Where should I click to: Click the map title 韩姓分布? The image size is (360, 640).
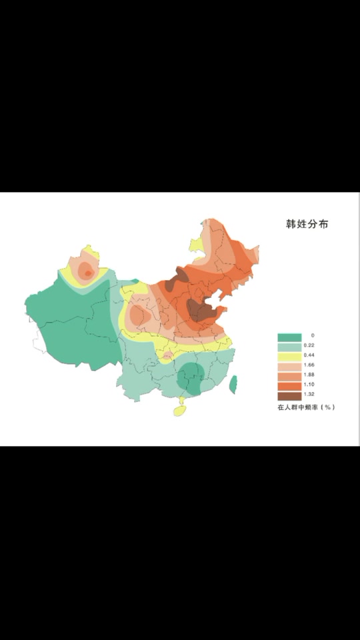307,224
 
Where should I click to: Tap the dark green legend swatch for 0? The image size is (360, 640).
289,336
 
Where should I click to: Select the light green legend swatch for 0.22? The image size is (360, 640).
289,346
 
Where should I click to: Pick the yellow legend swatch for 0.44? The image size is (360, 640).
289,356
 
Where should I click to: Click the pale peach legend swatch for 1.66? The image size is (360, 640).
289,366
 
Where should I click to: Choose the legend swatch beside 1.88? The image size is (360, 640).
289,376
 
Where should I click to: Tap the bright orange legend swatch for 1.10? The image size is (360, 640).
289,386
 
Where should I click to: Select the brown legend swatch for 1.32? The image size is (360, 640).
289,396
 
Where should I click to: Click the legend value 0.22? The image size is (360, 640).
309,346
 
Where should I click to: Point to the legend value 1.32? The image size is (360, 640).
309,396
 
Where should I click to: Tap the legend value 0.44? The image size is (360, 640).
309,356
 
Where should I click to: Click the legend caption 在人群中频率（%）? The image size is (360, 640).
306,407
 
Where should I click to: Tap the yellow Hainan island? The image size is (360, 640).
180,411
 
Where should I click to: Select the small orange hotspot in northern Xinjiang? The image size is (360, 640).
87,273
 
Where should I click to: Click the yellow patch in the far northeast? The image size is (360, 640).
196,245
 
